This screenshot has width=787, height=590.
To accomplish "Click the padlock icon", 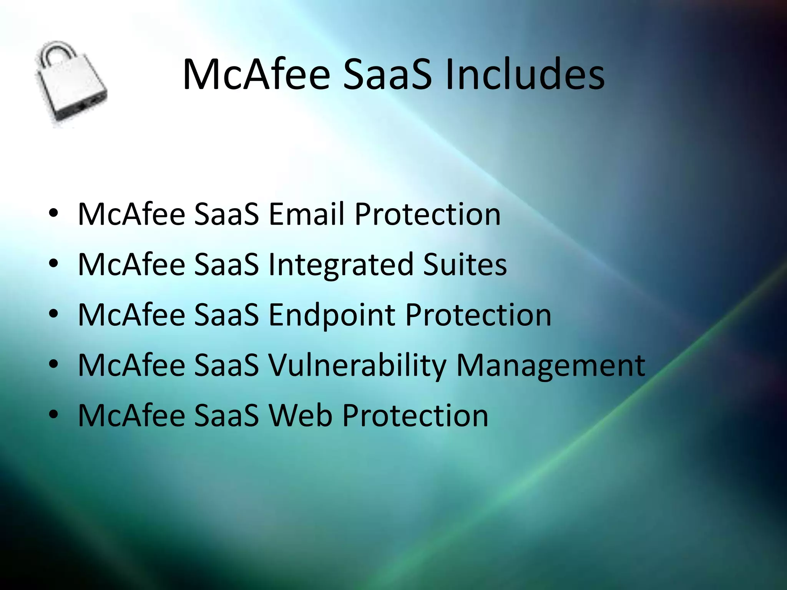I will (71, 85).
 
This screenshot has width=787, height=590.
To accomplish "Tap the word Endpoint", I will (332, 315).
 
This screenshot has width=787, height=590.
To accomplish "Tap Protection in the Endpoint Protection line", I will (478, 315).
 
